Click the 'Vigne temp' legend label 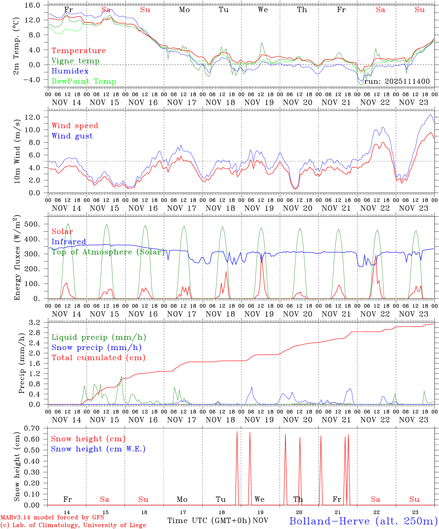pyautogui.click(x=75, y=61)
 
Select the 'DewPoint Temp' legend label pyautogui.click(x=84, y=82)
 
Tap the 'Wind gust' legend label pyautogui.click(x=72, y=136)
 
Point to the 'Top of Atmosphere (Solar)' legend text pyautogui.click(x=108, y=252)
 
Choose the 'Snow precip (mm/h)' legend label pyautogui.click(x=96, y=348)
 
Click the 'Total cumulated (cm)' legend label pyautogui.click(x=98, y=358)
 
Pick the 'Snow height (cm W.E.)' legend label pyautogui.click(x=98, y=449)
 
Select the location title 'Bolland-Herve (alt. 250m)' pyautogui.click(x=363, y=521)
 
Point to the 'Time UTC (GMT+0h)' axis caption pyautogui.click(x=209, y=521)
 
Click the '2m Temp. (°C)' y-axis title pyautogui.click(x=17, y=46)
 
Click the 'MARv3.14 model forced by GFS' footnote pyautogui.click(x=52, y=517)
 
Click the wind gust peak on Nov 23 pyautogui.click(x=431, y=115)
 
